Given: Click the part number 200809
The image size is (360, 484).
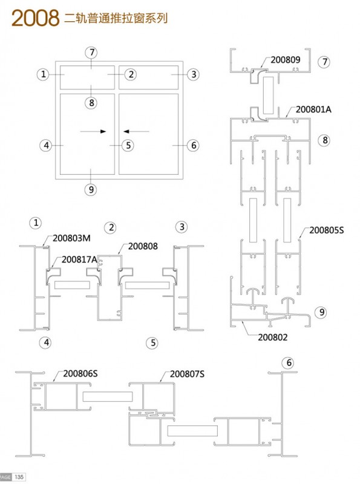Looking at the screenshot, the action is [286, 59].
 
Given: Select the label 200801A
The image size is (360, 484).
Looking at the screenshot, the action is [313, 110].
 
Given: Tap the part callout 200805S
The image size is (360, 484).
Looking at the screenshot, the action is [326, 231].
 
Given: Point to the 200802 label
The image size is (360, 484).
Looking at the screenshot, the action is [273, 337].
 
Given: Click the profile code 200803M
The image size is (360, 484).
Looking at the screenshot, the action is [71, 238].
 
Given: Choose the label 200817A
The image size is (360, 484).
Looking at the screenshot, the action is [79, 260].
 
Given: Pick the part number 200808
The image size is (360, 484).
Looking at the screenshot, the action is [143, 246].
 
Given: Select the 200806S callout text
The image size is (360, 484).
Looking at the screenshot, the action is [80, 373].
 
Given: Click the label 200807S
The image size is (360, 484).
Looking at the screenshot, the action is [187, 374].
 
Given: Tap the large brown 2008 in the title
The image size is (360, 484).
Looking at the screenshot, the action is [36, 18].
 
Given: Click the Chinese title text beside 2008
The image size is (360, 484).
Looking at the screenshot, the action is [116, 18].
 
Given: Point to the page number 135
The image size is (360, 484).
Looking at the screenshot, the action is [19, 477].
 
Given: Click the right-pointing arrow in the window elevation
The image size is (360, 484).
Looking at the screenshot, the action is [93, 131].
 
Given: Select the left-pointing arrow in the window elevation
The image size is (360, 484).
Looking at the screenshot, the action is [136, 131].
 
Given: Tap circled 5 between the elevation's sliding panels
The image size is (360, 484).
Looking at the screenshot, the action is [128, 145].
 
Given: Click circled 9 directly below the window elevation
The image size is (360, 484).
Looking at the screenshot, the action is [91, 189].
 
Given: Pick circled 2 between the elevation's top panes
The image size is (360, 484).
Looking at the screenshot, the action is [131, 74].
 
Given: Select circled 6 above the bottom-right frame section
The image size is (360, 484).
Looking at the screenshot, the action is [289, 362].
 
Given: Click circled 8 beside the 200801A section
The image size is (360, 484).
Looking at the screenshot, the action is [324, 140].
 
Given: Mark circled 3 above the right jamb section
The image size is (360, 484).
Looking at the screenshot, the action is [182, 227].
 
